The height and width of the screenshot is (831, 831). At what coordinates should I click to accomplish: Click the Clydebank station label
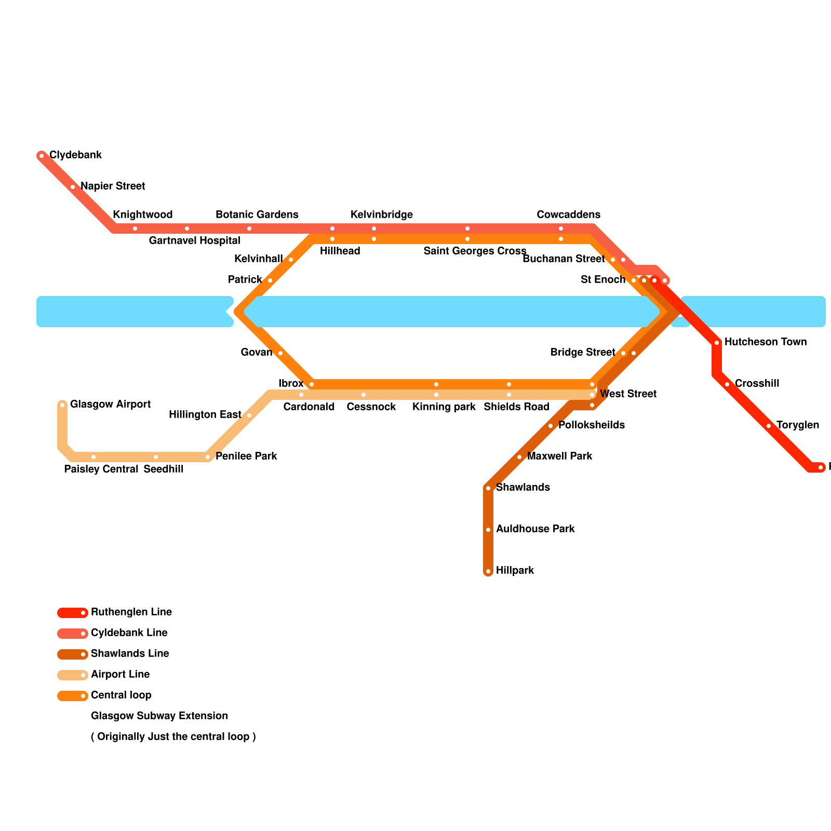coord(75,155)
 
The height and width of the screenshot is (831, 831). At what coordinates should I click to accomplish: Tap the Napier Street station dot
coord(73,187)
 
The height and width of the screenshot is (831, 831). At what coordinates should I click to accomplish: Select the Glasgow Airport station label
coord(110,404)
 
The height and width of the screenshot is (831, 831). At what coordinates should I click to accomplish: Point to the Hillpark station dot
coord(488,571)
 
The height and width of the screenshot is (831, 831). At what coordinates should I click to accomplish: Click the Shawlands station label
coord(522,487)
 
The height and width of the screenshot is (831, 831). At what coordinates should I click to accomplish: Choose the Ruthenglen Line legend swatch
coord(72,613)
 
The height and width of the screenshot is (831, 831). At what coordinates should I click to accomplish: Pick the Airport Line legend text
coord(120,675)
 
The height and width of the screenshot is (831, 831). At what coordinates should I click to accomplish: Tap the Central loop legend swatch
coord(72,696)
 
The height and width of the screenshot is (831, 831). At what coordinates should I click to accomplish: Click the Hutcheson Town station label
coord(765,342)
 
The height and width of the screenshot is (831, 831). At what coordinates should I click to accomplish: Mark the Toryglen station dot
coord(769,426)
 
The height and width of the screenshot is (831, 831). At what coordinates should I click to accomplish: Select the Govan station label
coord(257,353)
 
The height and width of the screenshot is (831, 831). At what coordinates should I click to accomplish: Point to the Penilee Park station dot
coord(208,457)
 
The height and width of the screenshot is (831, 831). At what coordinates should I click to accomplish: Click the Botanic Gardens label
coord(257,215)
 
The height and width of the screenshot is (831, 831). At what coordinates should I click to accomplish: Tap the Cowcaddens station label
coord(568,215)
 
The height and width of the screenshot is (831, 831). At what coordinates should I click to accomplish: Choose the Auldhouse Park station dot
coord(488,530)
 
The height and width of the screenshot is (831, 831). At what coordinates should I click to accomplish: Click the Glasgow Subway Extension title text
coord(159,716)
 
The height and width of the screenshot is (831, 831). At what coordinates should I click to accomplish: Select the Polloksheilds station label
coord(591,425)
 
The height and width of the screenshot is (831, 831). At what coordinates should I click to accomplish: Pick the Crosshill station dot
coord(727,384)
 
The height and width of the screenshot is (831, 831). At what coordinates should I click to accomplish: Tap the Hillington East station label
coord(205,414)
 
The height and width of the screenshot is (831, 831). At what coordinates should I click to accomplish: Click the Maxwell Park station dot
coord(519,457)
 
